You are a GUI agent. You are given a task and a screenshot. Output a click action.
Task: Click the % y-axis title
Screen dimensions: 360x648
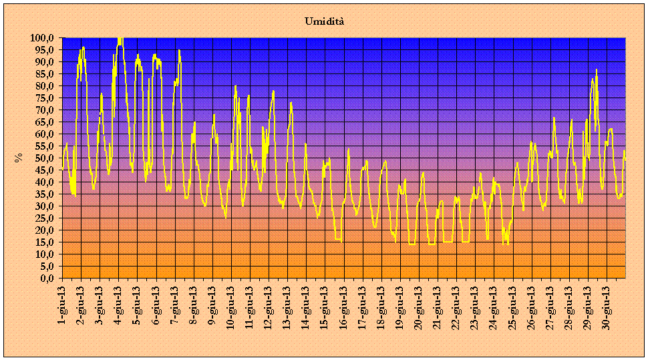tap(19, 158)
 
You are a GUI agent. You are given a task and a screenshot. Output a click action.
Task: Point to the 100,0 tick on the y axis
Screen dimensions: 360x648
tap(44, 38)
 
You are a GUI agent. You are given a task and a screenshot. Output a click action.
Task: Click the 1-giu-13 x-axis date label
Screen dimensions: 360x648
tap(62, 303)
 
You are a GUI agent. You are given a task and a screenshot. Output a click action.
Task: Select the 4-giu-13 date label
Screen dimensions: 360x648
tap(118, 303)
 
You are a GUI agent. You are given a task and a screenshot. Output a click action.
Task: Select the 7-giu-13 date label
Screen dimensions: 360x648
tap(175, 303)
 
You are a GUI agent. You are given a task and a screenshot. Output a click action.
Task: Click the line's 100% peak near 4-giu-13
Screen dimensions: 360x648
tap(120, 39)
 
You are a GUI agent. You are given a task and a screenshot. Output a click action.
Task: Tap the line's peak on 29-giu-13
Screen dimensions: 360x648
tap(597, 69)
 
